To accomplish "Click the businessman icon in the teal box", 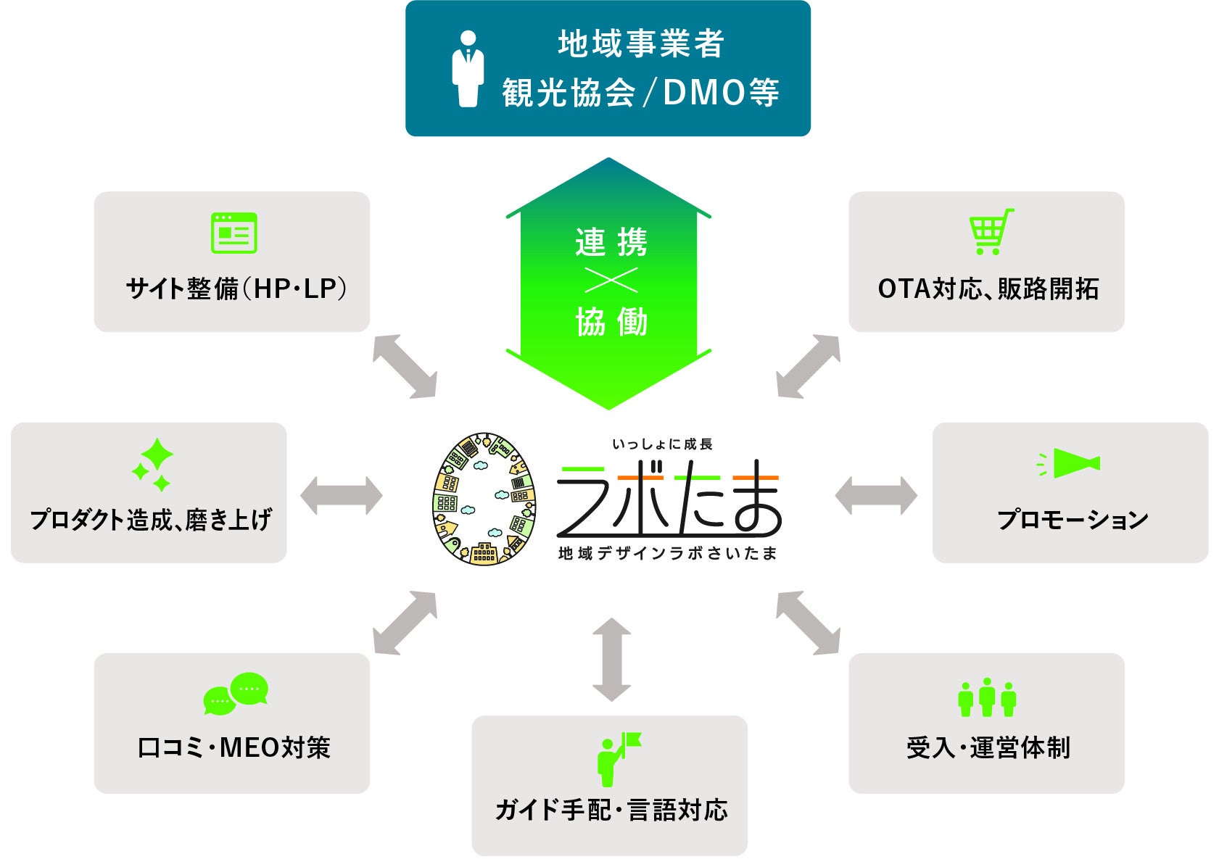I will click(468, 68).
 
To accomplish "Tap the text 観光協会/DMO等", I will click(640, 93).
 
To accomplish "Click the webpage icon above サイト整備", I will click(234, 233).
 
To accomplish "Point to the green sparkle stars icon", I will click(154, 465).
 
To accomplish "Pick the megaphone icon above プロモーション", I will click(1070, 463).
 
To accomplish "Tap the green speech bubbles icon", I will click(236, 693).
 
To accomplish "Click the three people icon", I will click(987, 697).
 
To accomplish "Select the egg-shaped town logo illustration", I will click(484, 499).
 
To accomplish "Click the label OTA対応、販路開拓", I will click(988, 289).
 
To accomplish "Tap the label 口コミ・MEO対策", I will click(234, 747).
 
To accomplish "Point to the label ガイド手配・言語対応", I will click(611, 810).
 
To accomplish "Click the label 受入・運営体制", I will click(988, 747).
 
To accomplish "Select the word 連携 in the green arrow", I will click(611, 242).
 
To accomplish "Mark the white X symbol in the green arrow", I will click(611, 281).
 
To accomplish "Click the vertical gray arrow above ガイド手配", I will click(611, 659).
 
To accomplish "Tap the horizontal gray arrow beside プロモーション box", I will click(876, 496).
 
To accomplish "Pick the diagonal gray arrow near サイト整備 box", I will click(405, 366).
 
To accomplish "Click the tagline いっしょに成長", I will click(662, 444).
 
